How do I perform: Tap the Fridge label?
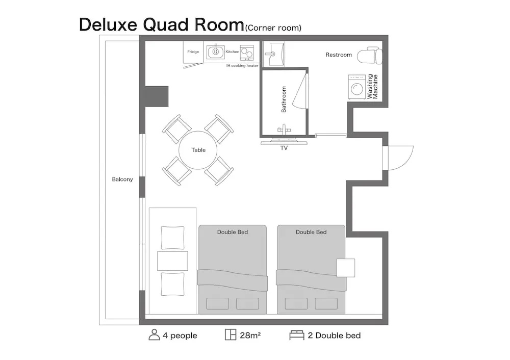pos(193,52)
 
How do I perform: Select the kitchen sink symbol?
pos(215,52)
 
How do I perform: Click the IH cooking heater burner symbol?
pos(247,53)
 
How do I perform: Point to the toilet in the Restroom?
pos(369,55)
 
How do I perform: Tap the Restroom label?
pos(339,55)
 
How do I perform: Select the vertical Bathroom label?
pos(284,99)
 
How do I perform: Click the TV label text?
pos(284,148)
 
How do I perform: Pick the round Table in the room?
pos(198,150)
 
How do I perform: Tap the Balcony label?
pos(122,179)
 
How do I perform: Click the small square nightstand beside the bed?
pos(345,268)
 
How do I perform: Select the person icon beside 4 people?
pos(154,335)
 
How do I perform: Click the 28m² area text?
pos(250,336)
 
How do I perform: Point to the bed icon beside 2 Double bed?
pos(297,336)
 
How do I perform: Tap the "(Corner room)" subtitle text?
pos(273,28)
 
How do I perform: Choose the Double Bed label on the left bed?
pos(233,232)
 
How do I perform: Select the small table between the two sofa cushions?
pos(172,261)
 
